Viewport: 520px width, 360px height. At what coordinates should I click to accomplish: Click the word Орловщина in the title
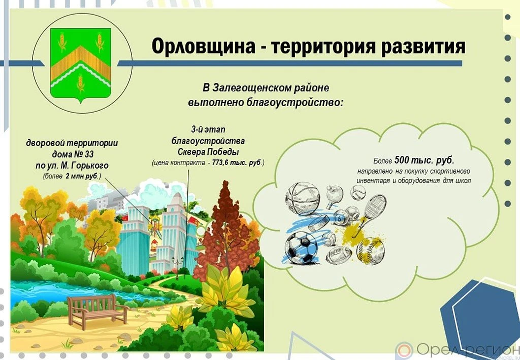click(x=203, y=47)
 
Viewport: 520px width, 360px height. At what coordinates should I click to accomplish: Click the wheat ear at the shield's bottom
click(x=80, y=84)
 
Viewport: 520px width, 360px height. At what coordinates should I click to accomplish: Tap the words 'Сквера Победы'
click(x=208, y=152)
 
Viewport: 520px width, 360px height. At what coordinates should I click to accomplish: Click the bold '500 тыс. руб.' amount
click(x=424, y=161)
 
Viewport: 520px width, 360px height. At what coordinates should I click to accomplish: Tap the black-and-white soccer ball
click(x=301, y=247)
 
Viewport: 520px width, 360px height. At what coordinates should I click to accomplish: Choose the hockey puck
click(x=318, y=222)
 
